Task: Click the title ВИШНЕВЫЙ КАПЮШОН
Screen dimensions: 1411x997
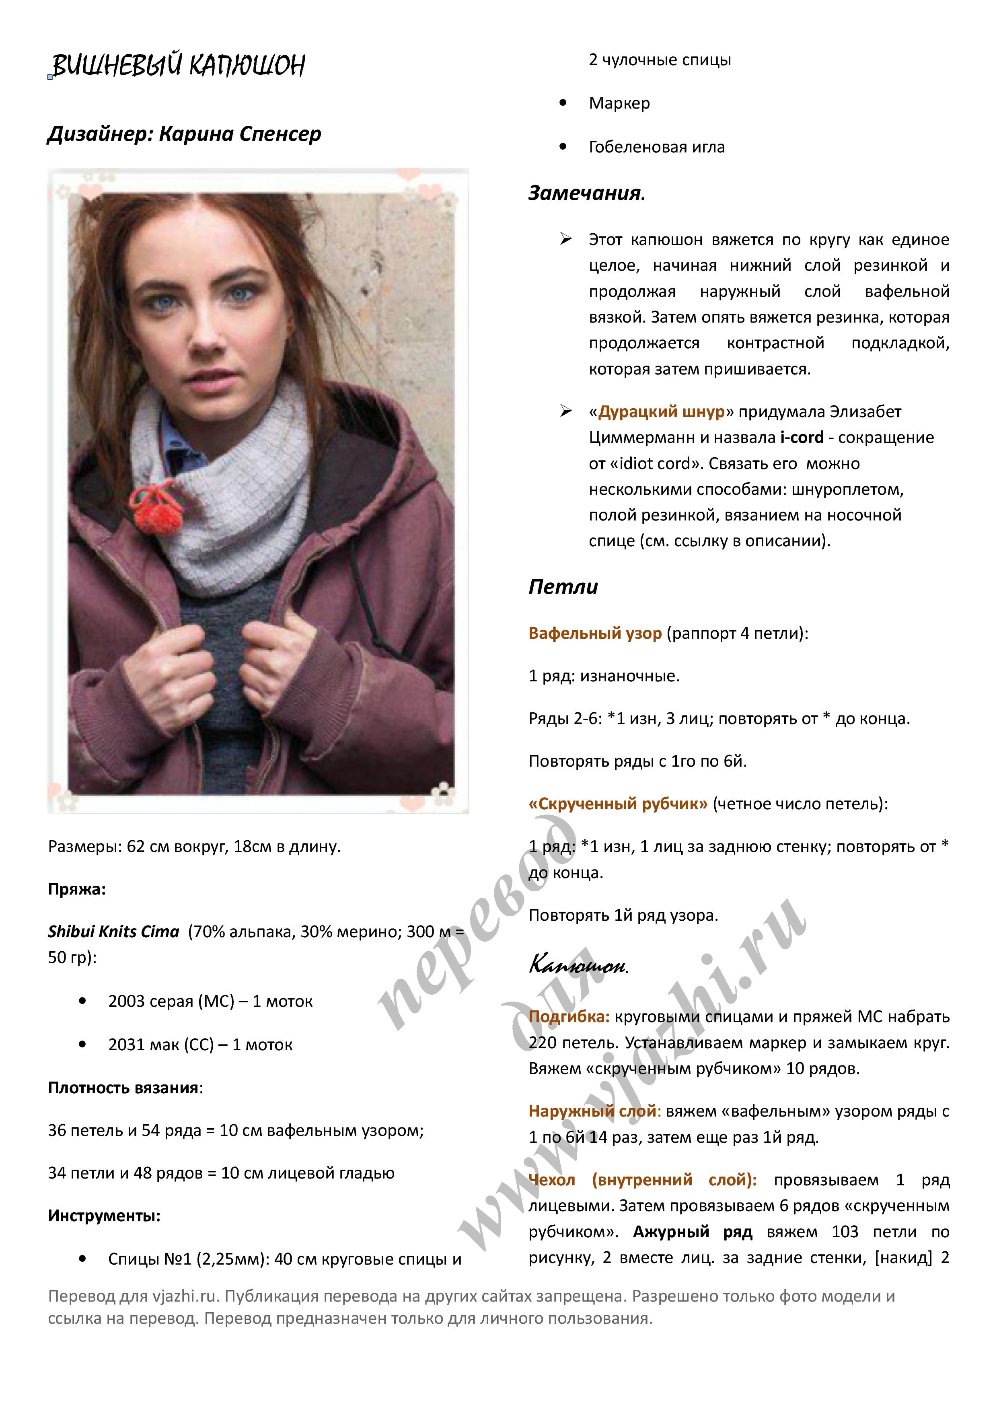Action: (x=178, y=65)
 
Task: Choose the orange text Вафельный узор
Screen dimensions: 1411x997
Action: (x=595, y=633)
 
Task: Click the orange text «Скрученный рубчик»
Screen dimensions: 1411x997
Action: (x=618, y=803)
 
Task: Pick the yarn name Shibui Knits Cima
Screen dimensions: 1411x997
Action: (x=114, y=932)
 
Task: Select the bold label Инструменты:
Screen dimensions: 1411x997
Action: (x=104, y=1215)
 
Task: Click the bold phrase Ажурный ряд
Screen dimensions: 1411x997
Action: (x=692, y=1232)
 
